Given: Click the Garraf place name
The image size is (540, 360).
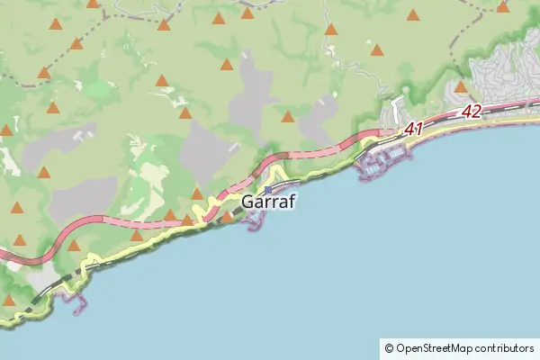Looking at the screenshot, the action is point(269,203).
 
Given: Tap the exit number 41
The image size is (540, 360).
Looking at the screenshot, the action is point(413,130).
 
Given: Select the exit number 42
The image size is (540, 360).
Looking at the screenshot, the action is point(472,112).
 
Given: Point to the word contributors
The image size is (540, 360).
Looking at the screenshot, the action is point(505,347).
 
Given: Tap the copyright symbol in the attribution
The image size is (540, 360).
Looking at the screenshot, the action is point(389,347).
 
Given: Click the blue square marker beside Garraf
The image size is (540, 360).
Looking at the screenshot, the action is point(267,190).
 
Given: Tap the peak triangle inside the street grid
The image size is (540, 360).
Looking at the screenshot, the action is point(461,87).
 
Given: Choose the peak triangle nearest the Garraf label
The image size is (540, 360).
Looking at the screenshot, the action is point(228,216).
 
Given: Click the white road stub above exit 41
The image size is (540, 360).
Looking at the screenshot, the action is point(395,110).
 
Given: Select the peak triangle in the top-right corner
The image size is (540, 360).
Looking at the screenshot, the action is point(503,7).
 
